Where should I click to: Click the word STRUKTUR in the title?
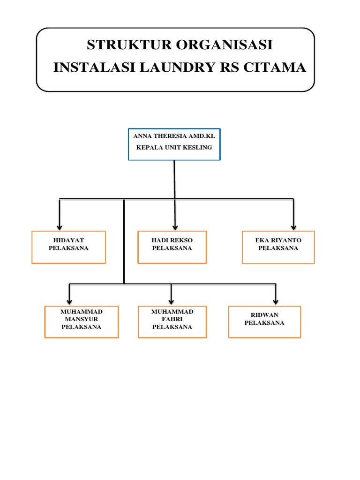129,45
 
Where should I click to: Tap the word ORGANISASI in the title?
224,45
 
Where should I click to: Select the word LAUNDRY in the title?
178,67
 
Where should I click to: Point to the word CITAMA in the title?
275,67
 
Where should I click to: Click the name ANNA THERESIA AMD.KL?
174,136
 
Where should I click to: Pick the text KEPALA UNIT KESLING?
174,147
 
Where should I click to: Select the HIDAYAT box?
68,247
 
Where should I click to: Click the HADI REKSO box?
172,247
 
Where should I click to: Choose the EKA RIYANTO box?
278,247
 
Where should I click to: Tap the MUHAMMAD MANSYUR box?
82,322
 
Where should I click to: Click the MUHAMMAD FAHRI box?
172,322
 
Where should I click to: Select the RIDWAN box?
265,322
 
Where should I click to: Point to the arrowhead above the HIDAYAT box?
60,228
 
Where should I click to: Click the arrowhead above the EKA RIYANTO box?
293,228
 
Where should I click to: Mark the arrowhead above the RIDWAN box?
276,302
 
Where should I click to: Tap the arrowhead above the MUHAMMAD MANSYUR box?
69,302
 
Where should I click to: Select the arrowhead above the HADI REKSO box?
175,228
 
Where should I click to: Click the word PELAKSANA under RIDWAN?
264,322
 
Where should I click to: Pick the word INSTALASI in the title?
94,67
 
